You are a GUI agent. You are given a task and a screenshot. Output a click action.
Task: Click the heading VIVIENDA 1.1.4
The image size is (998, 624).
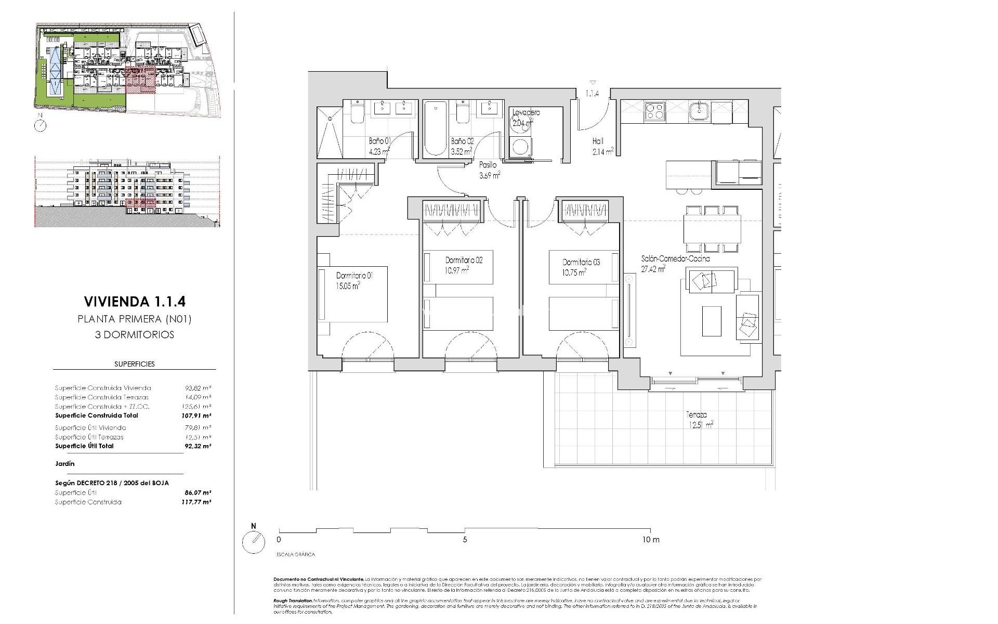click(x=135, y=302)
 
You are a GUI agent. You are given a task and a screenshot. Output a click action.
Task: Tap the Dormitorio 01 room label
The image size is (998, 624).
click(x=354, y=276)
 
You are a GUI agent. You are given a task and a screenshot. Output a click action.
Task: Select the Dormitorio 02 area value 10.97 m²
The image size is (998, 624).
click(x=457, y=270)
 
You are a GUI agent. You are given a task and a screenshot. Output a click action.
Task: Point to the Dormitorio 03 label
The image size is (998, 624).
click(x=581, y=262)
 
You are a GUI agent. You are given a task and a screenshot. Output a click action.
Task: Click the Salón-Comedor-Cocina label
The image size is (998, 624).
click(x=675, y=258)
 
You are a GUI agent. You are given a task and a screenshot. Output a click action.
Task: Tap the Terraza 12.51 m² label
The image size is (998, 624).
click(x=699, y=420)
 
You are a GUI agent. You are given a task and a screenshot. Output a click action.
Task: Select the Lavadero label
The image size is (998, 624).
click(x=526, y=112)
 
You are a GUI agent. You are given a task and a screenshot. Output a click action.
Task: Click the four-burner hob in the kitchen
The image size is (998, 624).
click(x=654, y=112)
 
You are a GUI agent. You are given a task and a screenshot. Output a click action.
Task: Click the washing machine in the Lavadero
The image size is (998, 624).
click(x=520, y=147)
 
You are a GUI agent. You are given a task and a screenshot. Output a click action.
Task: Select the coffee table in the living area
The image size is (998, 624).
click(x=712, y=321)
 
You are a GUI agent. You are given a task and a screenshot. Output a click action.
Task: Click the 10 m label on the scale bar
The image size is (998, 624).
click(x=650, y=540)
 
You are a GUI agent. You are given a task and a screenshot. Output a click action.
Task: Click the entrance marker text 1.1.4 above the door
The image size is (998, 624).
click(x=593, y=94)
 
